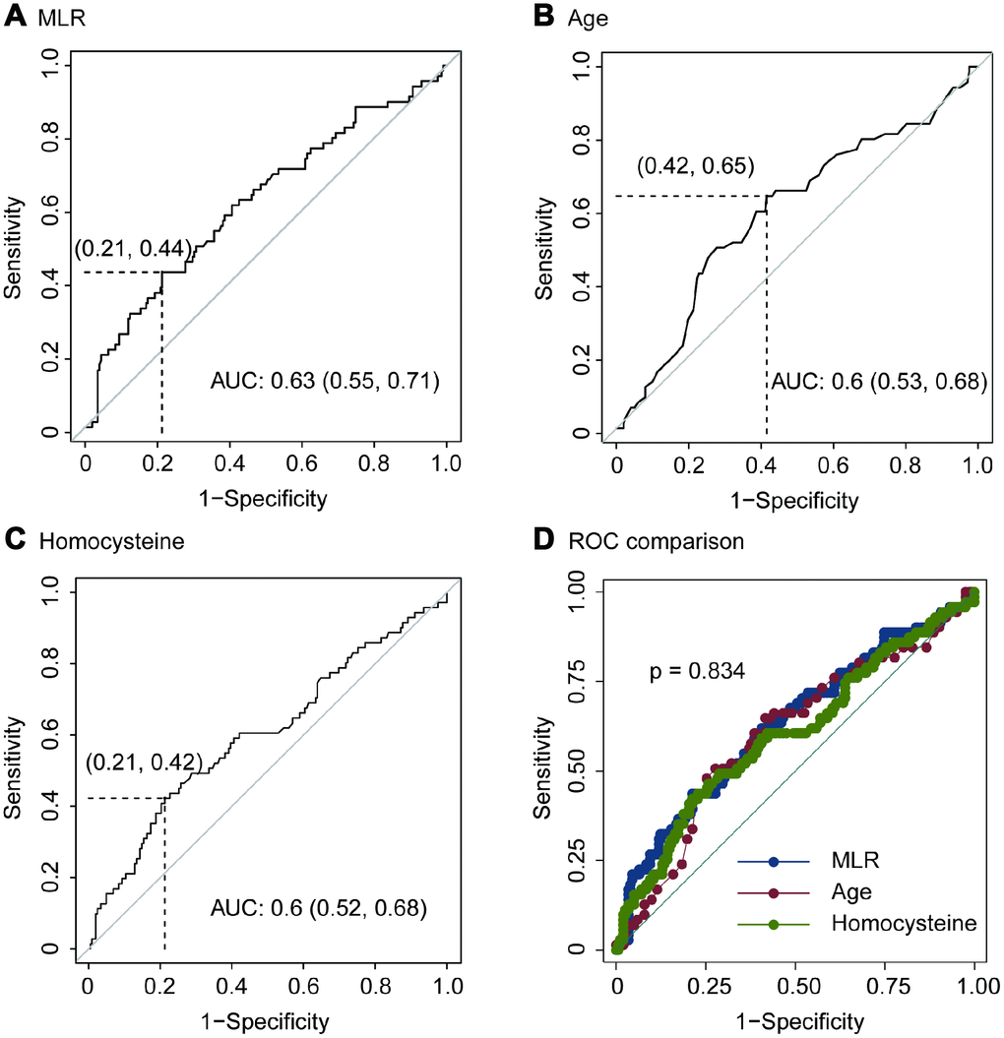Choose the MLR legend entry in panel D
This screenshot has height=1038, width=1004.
pos(852,862)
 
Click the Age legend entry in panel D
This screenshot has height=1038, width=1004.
pos(850,892)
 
